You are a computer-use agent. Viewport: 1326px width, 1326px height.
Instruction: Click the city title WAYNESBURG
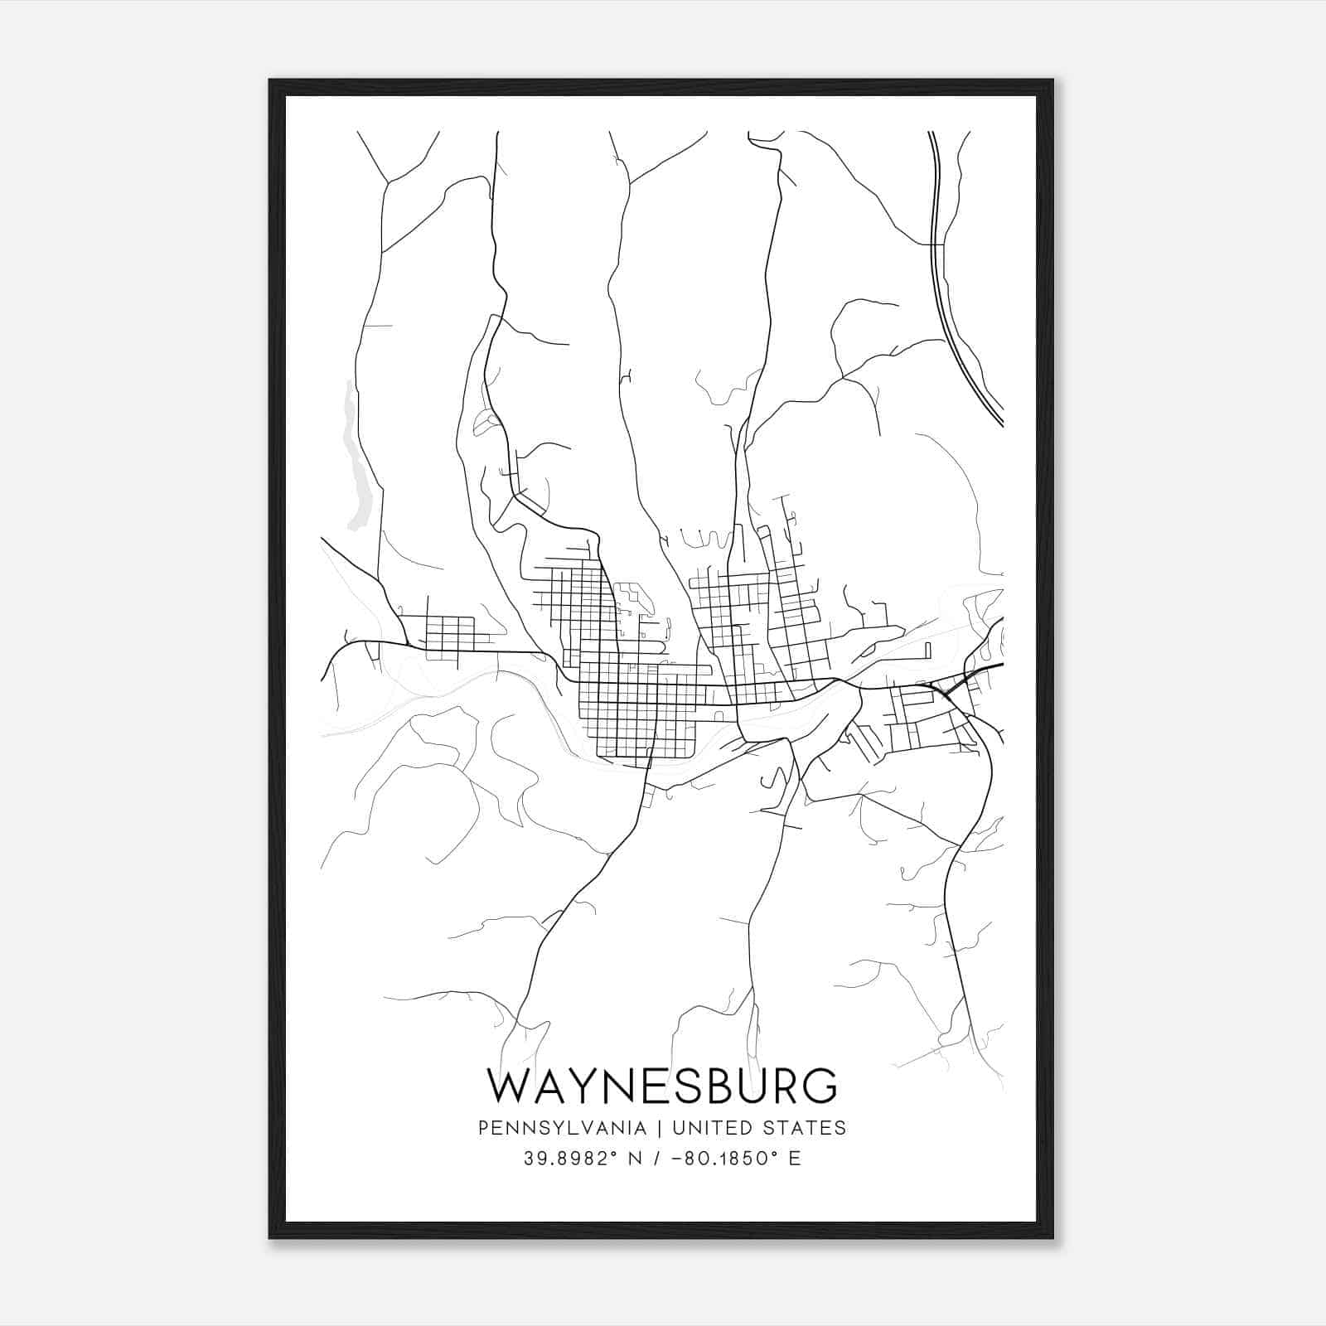point(662,1086)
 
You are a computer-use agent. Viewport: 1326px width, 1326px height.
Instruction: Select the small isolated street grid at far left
point(448,634)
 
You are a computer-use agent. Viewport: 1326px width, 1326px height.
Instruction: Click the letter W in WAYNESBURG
point(511,1086)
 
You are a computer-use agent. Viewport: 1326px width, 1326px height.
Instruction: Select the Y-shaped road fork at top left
point(386,181)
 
